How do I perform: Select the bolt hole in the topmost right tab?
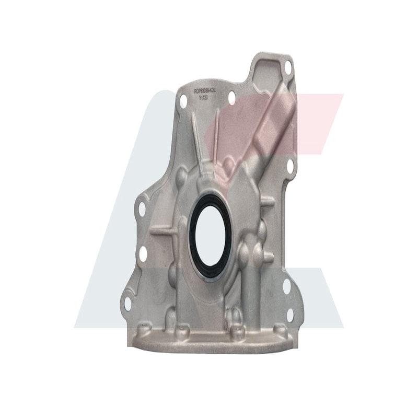(287, 66)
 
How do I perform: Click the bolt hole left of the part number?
(183, 101)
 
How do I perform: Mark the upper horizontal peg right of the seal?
(266, 201)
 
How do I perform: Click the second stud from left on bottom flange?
(181, 329)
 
